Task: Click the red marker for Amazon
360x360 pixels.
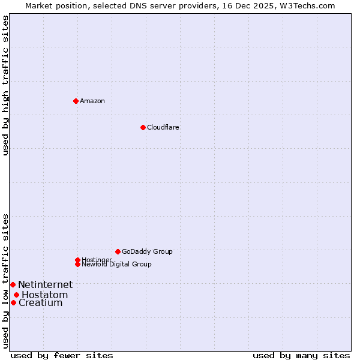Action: [76, 101]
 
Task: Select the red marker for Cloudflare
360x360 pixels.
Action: [143, 127]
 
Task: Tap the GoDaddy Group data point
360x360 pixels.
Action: [118, 251]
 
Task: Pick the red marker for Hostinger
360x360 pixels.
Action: [77, 260]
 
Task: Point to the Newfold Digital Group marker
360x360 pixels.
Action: [77, 264]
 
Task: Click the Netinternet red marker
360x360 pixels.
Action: [13, 284]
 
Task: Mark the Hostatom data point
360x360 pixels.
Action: [16, 295]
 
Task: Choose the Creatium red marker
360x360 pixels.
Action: [13, 302]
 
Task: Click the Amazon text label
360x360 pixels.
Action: [92, 101]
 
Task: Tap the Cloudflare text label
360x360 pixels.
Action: [163, 127]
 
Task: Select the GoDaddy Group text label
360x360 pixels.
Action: [147, 251]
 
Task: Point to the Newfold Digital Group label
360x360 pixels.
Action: [117, 264]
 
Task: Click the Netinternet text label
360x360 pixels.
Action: [45, 284]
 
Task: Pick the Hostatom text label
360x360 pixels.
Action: [44, 295]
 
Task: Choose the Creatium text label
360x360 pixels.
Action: [40, 302]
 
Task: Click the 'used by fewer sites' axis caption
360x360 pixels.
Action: [62, 355]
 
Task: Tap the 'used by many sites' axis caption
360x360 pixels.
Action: [301, 355]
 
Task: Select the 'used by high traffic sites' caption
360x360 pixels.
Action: [5, 85]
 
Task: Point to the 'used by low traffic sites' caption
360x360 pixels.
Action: [5, 280]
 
